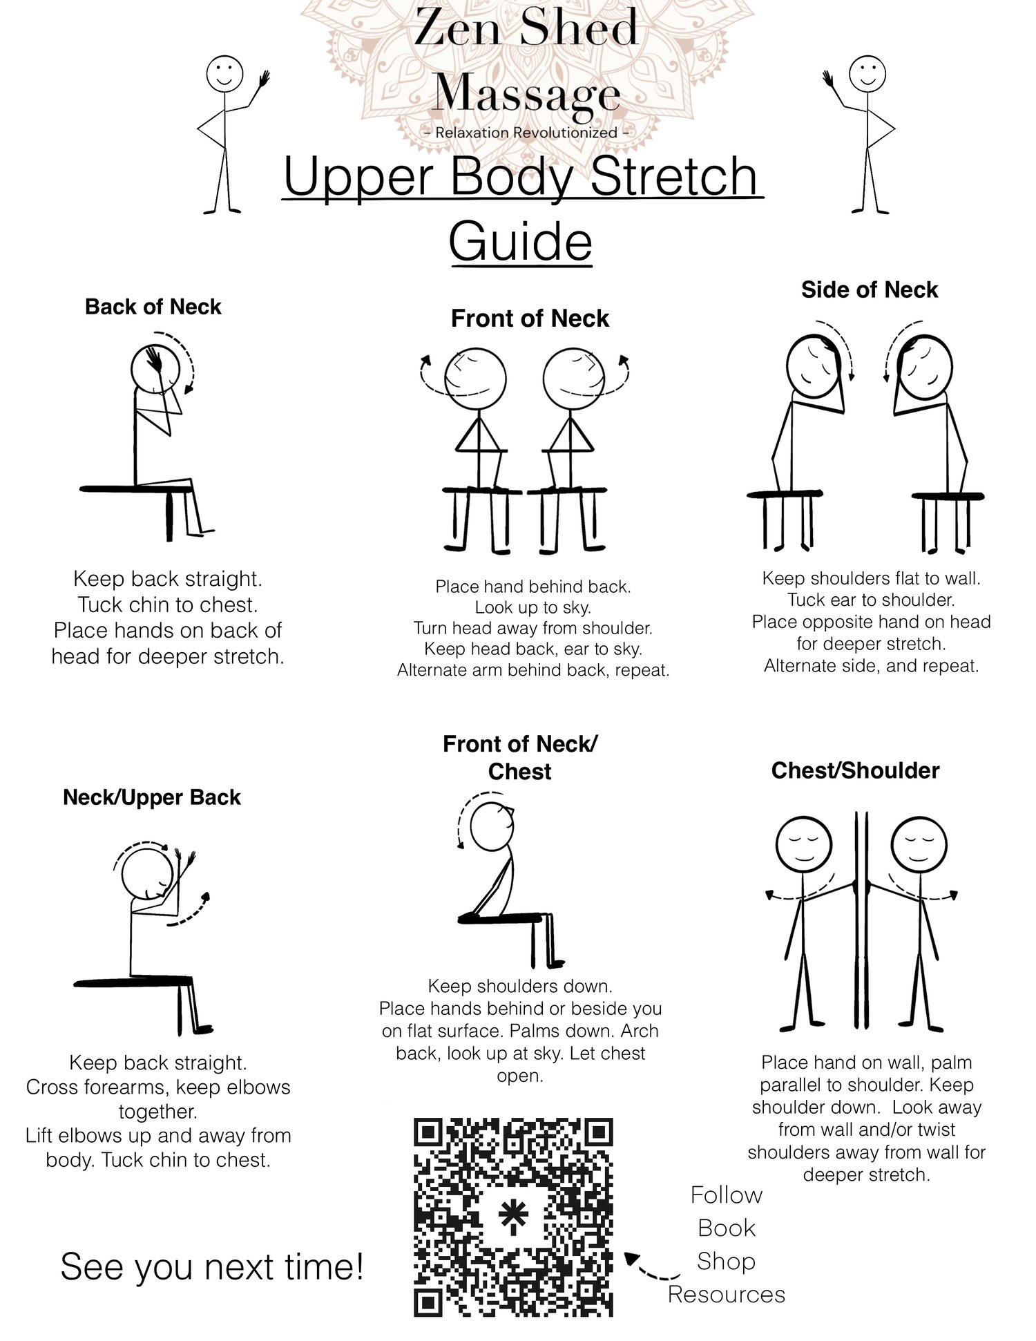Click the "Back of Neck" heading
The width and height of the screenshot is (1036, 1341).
tap(153, 307)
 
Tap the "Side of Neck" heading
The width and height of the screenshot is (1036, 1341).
tap(870, 289)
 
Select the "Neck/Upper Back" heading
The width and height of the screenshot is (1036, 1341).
tap(152, 797)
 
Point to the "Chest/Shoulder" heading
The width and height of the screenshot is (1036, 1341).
tap(855, 770)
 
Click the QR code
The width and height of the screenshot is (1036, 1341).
tap(513, 1217)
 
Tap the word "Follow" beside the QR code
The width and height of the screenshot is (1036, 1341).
tap(727, 1195)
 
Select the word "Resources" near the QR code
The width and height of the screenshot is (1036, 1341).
tap(727, 1294)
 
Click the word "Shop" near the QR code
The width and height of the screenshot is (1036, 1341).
tap(726, 1262)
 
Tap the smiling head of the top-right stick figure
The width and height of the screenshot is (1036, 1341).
tap(867, 73)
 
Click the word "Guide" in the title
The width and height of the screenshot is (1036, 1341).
tap(520, 241)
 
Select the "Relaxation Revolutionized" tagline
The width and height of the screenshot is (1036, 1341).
tap(526, 132)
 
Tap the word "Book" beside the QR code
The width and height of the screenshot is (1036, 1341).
tap(726, 1228)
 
